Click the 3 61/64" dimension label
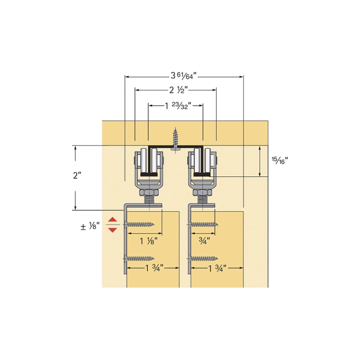point(184,76)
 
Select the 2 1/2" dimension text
point(178,90)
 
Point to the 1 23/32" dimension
point(178,106)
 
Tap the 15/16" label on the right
point(280,160)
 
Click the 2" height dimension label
point(77,176)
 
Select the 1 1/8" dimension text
point(149,241)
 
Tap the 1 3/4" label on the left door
point(154,268)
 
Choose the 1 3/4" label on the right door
point(217,268)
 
